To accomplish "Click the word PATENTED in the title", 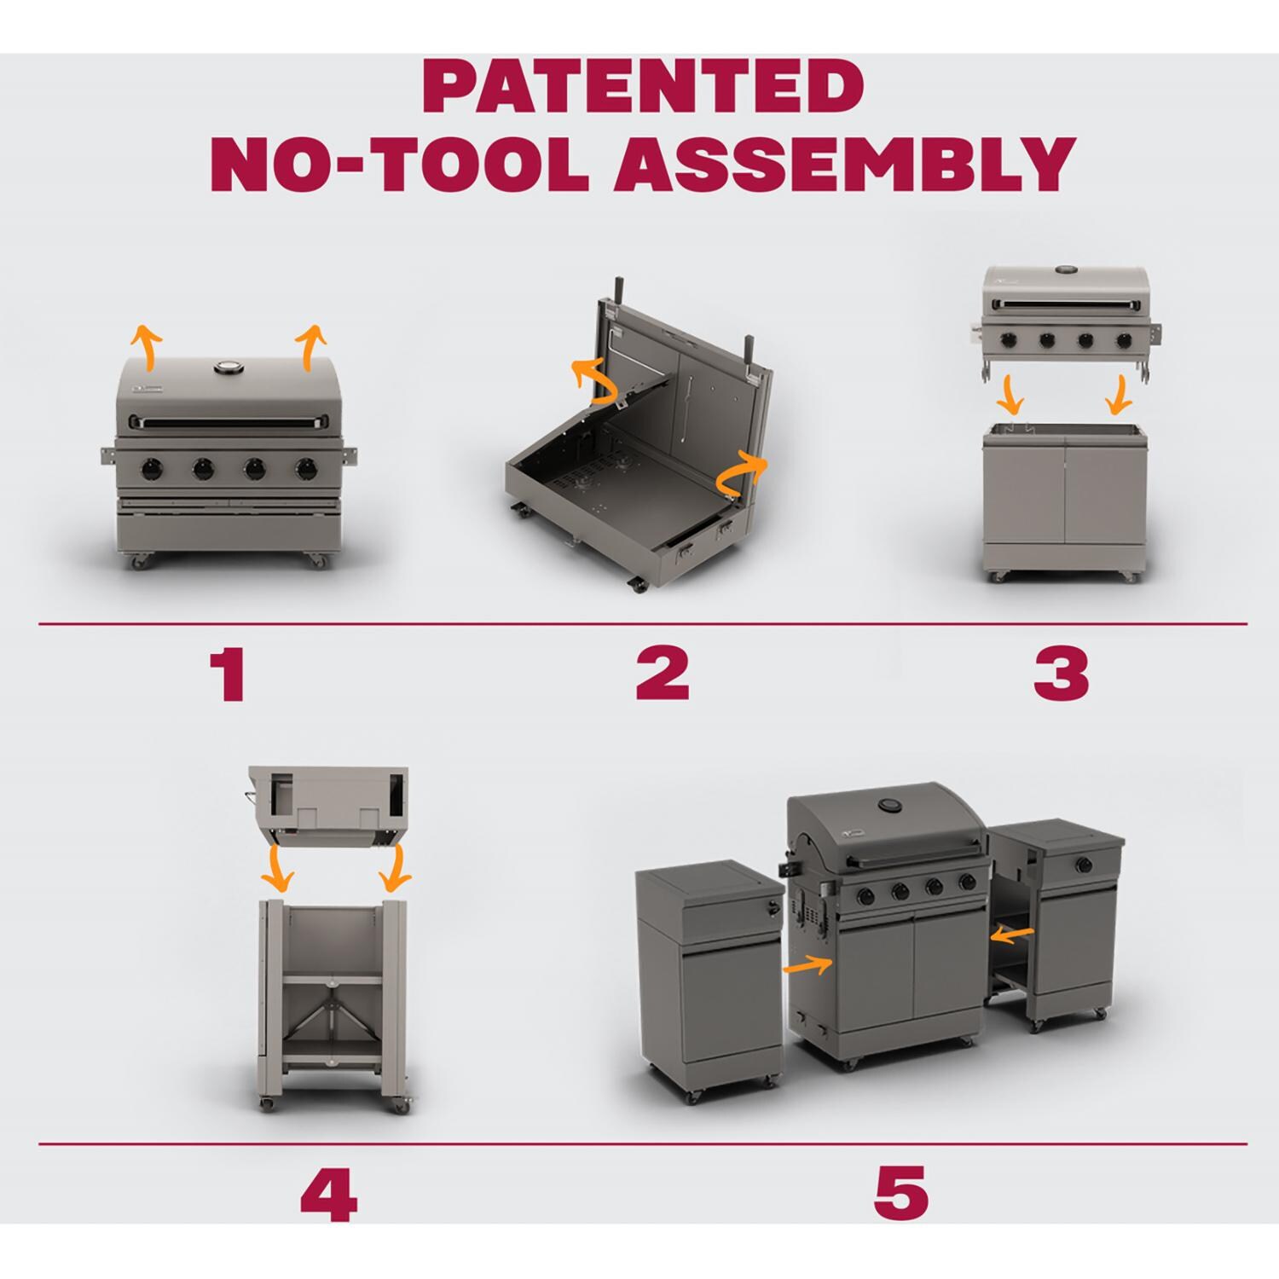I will tap(643, 87).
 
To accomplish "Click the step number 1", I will tap(228, 674).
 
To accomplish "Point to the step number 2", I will tap(662, 674).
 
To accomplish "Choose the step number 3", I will tap(1061, 674).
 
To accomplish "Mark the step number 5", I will tap(900, 1193).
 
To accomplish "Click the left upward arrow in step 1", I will tap(148, 348).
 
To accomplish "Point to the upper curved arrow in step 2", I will tap(595, 380).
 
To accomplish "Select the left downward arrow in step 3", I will tap(1010, 395).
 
